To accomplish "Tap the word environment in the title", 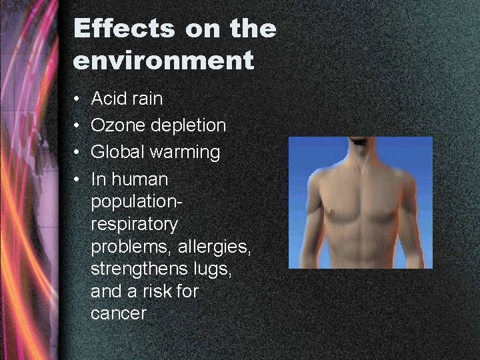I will point(163,61).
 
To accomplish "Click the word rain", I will point(147,99).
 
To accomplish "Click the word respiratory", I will point(134,225).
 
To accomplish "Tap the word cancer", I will point(118,313).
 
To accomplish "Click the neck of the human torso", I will point(362,150).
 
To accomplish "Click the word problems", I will point(131,247).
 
